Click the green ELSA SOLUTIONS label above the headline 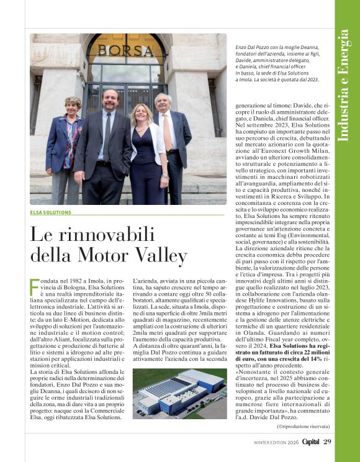[50, 212]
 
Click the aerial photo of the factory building [179, 394]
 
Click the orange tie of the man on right [166, 130]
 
